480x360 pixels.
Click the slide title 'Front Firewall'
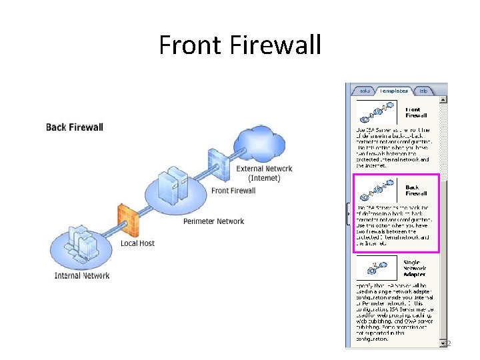240,45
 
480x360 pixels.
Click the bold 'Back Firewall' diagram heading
75,127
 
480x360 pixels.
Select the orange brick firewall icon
127,219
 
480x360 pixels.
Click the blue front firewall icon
217,162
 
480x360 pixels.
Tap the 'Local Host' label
137,243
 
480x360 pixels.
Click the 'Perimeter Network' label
213,221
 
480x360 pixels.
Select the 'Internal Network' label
82,275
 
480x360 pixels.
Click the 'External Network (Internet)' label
264,173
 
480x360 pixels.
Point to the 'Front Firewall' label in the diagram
233,191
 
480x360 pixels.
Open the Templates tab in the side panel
394,91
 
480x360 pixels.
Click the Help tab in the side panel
423,91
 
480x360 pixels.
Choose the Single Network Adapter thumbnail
377,268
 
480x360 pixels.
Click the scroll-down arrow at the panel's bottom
443,343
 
